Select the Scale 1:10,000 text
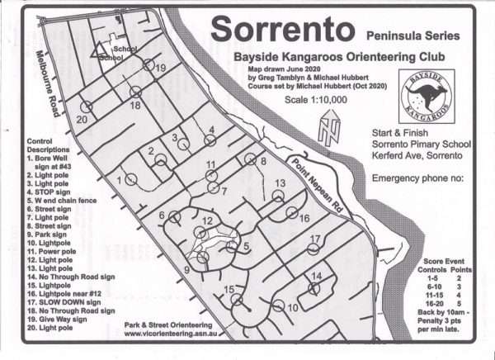[315, 99]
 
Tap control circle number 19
[148, 65]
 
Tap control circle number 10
[278, 306]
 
